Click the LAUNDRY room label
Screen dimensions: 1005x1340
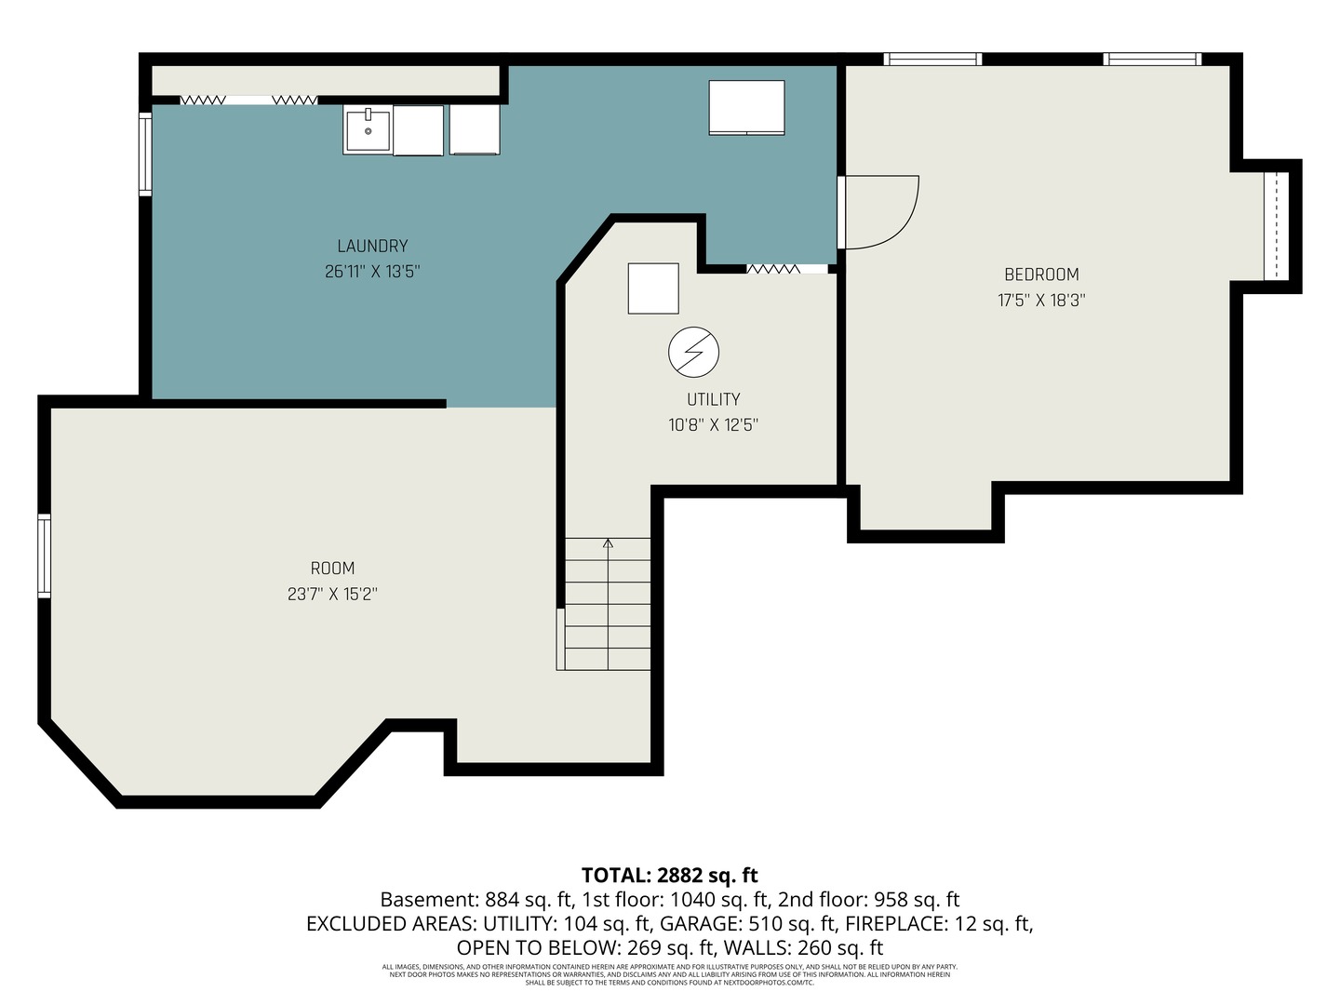pyautogui.click(x=372, y=246)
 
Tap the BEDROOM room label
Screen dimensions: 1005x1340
pyautogui.click(x=1041, y=275)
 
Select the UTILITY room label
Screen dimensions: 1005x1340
pyautogui.click(x=713, y=399)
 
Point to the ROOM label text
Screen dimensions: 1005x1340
pyautogui.click(x=332, y=569)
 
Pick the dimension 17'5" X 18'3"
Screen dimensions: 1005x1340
pyautogui.click(x=1041, y=301)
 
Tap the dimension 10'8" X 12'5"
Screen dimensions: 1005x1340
pyautogui.click(x=713, y=425)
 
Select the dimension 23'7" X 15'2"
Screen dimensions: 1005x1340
pyautogui.click(x=332, y=594)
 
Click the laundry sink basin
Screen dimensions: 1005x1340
pyautogui.click(x=368, y=129)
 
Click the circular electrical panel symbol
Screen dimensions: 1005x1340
pyautogui.click(x=693, y=353)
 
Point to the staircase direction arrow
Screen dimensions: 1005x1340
pyautogui.click(x=609, y=543)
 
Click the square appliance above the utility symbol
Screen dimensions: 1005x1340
pyautogui.click(x=653, y=288)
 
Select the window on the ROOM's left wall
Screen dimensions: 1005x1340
pyautogui.click(x=44, y=556)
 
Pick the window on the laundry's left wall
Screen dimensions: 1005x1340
pyautogui.click(x=145, y=154)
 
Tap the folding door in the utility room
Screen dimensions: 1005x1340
pyautogui.click(x=773, y=269)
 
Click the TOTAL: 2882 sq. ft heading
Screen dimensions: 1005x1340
pyautogui.click(x=669, y=875)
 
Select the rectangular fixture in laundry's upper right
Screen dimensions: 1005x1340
pyautogui.click(x=746, y=108)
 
